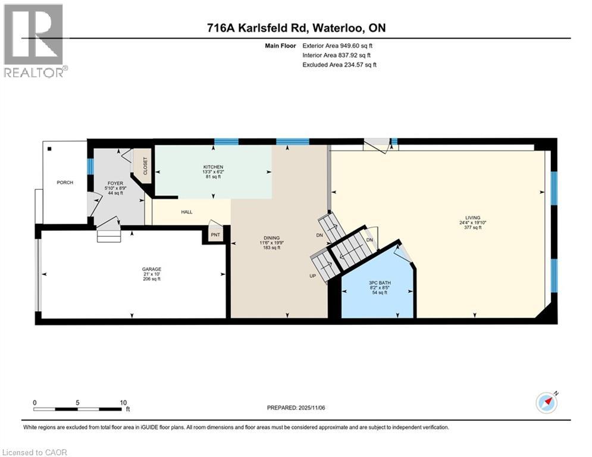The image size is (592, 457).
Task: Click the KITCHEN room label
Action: (x=212, y=167)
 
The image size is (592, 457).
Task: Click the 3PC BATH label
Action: (x=379, y=283)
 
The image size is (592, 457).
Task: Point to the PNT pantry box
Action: (x=214, y=235)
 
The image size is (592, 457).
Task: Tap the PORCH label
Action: (x=64, y=183)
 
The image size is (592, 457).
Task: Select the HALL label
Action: (x=187, y=211)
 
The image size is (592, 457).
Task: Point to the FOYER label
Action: (x=115, y=183)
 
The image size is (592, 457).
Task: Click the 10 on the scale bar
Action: (x=123, y=402)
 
